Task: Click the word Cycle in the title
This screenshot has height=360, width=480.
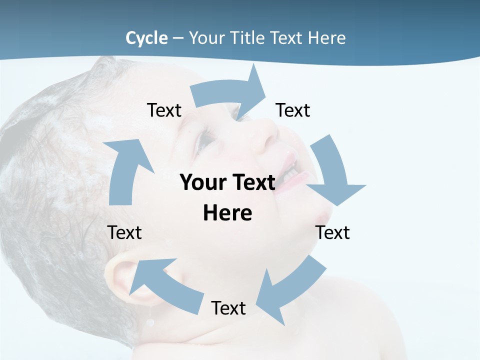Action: coord(146,38)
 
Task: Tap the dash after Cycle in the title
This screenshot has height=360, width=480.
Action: coord(178,38)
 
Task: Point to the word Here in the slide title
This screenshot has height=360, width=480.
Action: coord(327,38)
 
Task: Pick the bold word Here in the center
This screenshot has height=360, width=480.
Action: coord(227,213)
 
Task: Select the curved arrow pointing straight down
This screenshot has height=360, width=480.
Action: coord(332,172)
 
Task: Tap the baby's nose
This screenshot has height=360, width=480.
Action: coord(262,135)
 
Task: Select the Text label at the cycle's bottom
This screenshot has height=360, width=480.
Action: coord(228,308)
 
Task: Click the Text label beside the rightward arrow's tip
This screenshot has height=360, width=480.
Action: coord(293,110)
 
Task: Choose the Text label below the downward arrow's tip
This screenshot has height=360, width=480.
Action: coord(332,233)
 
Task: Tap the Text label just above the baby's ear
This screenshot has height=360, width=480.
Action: coord(124,233)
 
